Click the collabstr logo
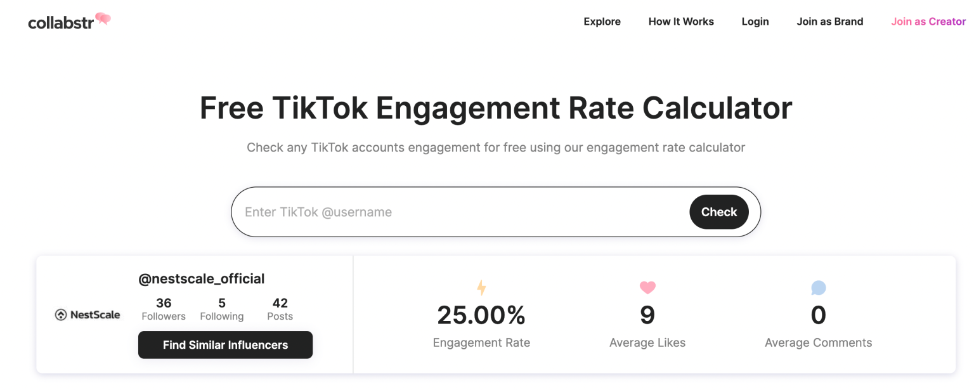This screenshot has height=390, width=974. pyautogui.click(x=69, y=22)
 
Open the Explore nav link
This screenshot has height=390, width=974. pyautogui.click(x=602, y=22)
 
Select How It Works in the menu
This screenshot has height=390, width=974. pyautogui.click(x=681, y=22)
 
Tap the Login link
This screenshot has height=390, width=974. pyautogui.click(x=755, y=22)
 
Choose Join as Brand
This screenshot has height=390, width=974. pyautogui.click(x=829, y=22)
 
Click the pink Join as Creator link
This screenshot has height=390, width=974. pyautogui.click(x=928, y=22)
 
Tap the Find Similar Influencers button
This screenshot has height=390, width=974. pyautogui.click(x=225, y=345)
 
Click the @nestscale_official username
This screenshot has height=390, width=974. pyautogui.click(x=201, y=278)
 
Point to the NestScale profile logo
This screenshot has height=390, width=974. pyautogui.click(x=87, y=315)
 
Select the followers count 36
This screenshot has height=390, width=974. pyautogui.click(x=164, y=303)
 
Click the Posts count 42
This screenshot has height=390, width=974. pyautogui.click(x=280, y=303)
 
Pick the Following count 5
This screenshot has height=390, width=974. pyautogui.click(x=221, y=303)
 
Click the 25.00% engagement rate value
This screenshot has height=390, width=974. pyautogui.click(x=481, y=315)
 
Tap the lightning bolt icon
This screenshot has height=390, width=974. pyautogui.click(x=481, y=289)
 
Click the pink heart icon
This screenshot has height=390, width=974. pyautogui.click(x=647, y=288)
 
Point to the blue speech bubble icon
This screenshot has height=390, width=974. pyautogui.click(x=818, y=289)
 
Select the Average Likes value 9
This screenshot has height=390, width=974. pyautogui.click(x=647, y=315)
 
